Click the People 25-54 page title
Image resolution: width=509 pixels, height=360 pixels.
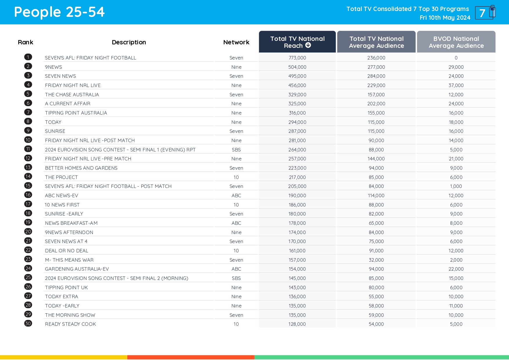point(59,12)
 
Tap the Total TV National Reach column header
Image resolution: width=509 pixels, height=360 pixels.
point(297,42)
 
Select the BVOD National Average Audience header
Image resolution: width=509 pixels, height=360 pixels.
point(456,42)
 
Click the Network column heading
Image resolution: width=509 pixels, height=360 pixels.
point(236,42)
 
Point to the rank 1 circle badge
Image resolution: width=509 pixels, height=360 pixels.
point(28,57)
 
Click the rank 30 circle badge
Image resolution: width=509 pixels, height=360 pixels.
point(28,323)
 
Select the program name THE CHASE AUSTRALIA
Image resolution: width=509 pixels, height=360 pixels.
point(72,95)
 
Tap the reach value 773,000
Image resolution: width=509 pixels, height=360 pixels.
point(297,58)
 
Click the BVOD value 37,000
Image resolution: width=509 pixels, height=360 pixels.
point(456,85)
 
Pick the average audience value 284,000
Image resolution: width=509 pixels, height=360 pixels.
point(376,76)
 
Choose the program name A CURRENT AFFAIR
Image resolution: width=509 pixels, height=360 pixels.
point(68,104)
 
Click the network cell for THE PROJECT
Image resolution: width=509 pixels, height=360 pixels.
point(236,177)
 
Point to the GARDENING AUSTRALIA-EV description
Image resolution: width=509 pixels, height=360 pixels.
point(77,269)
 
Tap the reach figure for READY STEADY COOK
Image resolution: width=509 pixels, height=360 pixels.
point(297,324)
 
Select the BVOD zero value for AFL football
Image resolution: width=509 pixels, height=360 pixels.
point(456,58)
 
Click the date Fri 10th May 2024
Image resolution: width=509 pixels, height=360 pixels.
point(445,18)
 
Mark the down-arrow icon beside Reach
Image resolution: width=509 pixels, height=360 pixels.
point(308,45)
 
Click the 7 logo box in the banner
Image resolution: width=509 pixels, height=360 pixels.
point(485,13)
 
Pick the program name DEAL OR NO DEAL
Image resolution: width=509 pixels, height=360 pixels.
point(66,251)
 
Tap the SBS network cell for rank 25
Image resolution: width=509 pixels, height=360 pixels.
point(236,278)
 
